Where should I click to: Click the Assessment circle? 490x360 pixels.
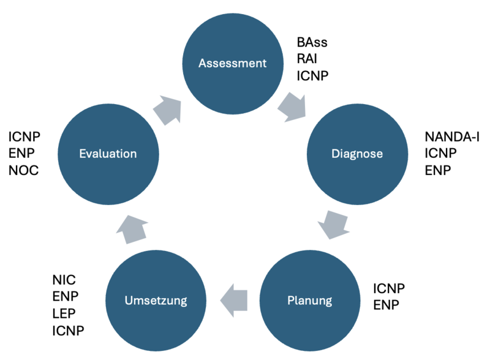click(233, 64)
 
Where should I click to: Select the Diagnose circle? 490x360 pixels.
click(357, 154)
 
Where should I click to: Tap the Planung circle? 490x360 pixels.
click(310, 301)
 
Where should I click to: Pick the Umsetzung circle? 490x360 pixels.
click(156, 301)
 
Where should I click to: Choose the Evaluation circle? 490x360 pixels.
click(108, 154)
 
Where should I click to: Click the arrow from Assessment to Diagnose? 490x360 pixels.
click(292, 108)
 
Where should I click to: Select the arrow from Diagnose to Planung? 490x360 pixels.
click(334, 224)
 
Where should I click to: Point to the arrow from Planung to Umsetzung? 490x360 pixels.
click(234, 301)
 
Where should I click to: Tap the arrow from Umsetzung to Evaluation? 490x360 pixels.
click(132, 230)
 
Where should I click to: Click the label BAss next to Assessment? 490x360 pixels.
click(312, 42)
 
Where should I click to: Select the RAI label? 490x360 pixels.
click(307, 59)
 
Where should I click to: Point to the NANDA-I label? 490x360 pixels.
click(452, 137)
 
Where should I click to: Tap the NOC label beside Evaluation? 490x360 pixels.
click(23, 170)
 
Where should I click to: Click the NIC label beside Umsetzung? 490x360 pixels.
click(64, 280)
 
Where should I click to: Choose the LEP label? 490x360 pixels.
click(64, 313)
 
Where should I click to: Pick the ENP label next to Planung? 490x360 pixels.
click(386, 305)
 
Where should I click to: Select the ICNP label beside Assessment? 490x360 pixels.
click(312, 76)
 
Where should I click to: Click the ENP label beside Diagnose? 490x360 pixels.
click(437, 170)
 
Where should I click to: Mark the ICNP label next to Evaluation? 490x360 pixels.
click(24, 137)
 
